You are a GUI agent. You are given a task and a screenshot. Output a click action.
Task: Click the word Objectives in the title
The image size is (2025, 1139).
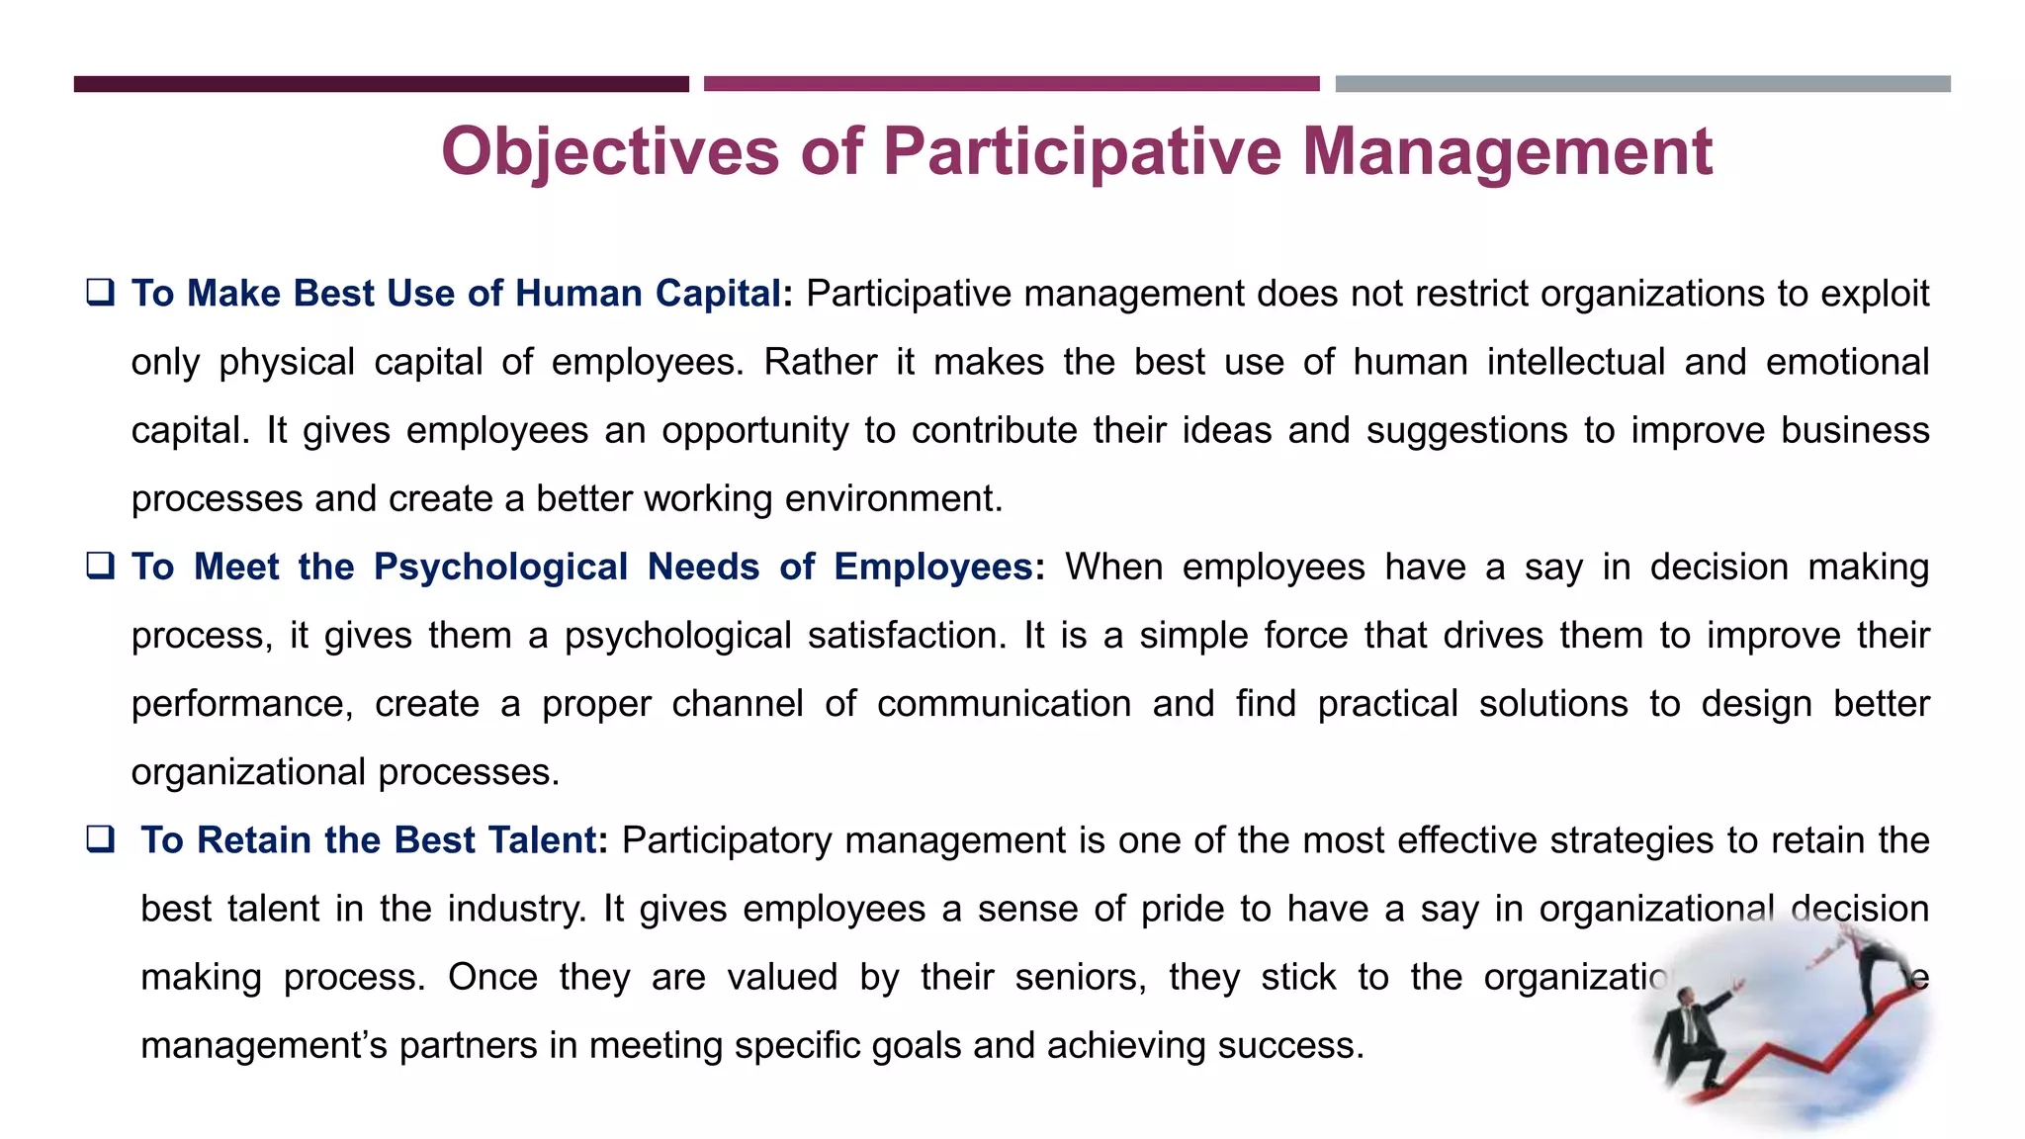tap(610, 153)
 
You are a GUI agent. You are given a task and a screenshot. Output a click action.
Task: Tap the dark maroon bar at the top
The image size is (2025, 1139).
tap(381, 84)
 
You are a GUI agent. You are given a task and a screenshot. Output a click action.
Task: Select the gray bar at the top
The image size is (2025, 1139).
tap(1642, 84)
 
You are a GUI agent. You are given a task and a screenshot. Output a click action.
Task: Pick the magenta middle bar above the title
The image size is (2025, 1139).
tap(1012, 84)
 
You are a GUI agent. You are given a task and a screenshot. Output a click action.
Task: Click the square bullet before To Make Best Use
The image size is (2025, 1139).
tap(100, 293)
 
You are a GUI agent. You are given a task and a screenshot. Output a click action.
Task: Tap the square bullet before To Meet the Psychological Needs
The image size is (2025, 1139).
tap(100, 566)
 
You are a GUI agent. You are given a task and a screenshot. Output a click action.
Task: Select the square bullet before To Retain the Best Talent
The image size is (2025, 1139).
tap(100, 839)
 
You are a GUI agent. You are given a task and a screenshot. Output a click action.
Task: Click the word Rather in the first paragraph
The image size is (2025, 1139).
tap(820, 362)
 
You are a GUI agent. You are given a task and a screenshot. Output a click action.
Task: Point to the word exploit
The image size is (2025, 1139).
tap(1875, 294)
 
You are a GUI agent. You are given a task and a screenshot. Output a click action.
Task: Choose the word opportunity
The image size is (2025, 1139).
tap(754, 431)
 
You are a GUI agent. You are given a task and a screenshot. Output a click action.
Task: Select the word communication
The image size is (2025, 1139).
tap(1004, 704)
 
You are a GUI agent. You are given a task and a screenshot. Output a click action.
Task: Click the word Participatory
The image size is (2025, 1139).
tap(728, 840)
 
